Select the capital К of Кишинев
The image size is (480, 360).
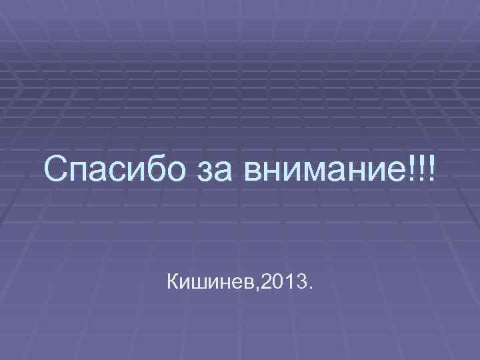coord(176,285)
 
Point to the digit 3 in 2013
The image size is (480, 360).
coord(301,285)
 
